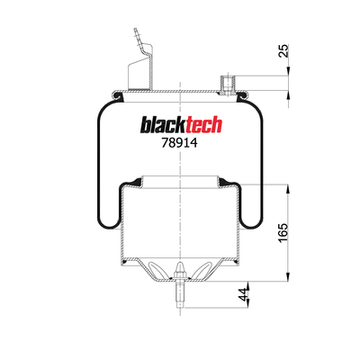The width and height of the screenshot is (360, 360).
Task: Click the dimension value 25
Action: pyautogui.click(x=283, y=50)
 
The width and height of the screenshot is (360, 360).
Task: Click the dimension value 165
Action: pyautogui.click(x=283, y=233)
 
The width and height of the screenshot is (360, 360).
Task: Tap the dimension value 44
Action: pyautogui.click(x=244, y=294)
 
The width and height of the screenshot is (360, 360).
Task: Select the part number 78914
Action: pyautogui.click(x=179, y=143)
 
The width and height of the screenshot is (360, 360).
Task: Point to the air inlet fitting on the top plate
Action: pyautogui.click(x=228, y=85)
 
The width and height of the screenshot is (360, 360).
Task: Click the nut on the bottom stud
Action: pyautogui.click(x=179, y=276)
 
